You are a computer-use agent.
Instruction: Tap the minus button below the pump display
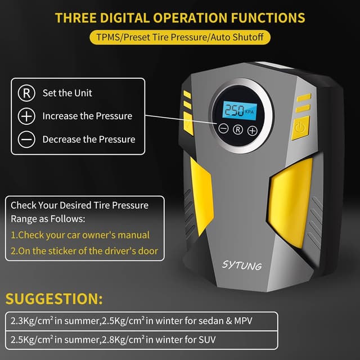coord(223,129)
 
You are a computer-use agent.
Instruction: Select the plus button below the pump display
coord(253,130)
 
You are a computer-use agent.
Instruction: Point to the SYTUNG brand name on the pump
coord(242,264)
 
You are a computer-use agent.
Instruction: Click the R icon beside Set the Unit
coord(26,93)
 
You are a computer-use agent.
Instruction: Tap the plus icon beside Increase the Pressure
coord(26,116)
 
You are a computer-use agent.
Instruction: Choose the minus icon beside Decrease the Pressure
coord(26,139)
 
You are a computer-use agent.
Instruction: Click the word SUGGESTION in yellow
coord(54,298)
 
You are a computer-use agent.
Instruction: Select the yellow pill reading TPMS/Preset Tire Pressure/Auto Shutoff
coord(179,37)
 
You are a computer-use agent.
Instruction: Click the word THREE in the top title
coord(76,17)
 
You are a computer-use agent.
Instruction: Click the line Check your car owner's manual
coord(80,235)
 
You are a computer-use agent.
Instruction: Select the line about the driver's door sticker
coord(84,251)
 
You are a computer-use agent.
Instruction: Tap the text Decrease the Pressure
coord(89,139)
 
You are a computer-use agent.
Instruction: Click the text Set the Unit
coord(67,93)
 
